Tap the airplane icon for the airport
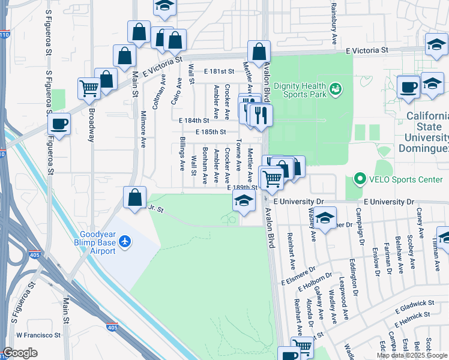(x=125, y=241)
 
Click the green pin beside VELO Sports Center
(x=360, y=179)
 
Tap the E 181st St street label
(x=218, y=71)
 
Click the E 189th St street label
(x=243, y=188)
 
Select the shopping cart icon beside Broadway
(x=89, y=89)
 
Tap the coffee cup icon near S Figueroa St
(x=60, y=124)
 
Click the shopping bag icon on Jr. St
(x=135, y=197)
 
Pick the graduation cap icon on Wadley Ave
(x=325, y=218)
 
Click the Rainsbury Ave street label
(x=334, y=24)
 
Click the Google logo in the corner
(x=20, y=353)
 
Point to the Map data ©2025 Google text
(x=412, y=355)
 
